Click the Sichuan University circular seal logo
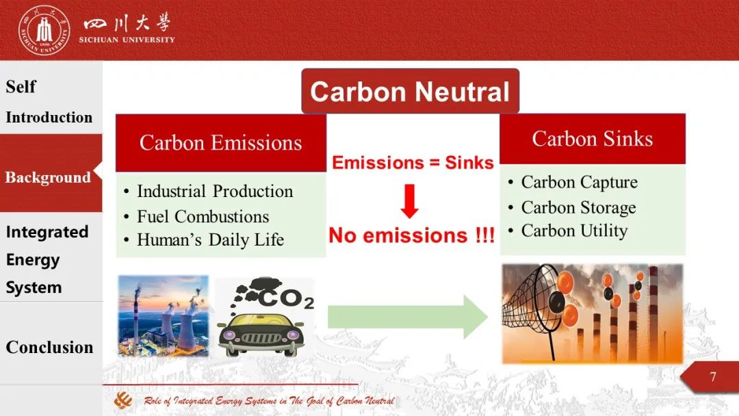pyautogui.click(x=44, y=31)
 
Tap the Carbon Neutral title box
pyautogui.click(x=410, y=91)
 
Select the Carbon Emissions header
pyautogui.click(x=220, y=143)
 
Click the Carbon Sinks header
pyautogui.click(x=593, y=138)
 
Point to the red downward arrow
pyautogui.click(x=410, y=201)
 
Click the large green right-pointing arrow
pyautogui.click(x=408, y=317)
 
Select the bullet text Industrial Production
pyautogui.click(x=215, y=192)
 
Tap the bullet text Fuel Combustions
pyautogui.click(x=203, y=217)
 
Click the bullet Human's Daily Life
pyautogui.click(x=210, y=239)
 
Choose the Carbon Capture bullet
pyautogui.click(x=580, y=182)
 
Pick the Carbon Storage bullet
pyautogui.click(x=578, y=207)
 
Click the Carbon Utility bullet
pyautogui.click(x=574, y=231)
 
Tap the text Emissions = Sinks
pyautogui.click(x=413, y=163)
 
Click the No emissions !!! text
pyautogui.click(x=411, y=235)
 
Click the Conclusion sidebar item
pyautogui.click(x=49, y=347)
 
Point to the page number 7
pyautogui.click(x=712, y=376)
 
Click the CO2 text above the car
pyautogui.click(x=285, y=299)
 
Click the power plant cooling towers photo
pyautogui.click(x=163, y=315)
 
